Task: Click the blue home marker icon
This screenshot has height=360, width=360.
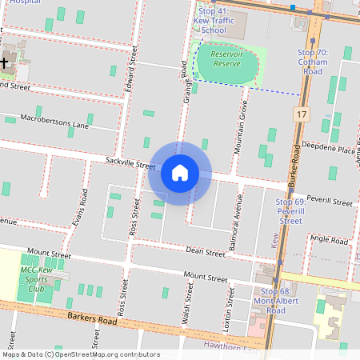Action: (180, 173)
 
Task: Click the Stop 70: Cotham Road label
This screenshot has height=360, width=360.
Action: (313, 62)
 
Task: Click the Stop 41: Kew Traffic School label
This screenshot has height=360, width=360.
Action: (213, 22)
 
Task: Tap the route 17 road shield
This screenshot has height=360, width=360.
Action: (301, 115)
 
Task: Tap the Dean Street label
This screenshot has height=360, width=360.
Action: (206, 253)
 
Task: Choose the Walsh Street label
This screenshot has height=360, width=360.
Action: (188, 306)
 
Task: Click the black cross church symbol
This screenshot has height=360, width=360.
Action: (5, 61)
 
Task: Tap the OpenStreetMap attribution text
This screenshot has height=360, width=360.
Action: (80, 354)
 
